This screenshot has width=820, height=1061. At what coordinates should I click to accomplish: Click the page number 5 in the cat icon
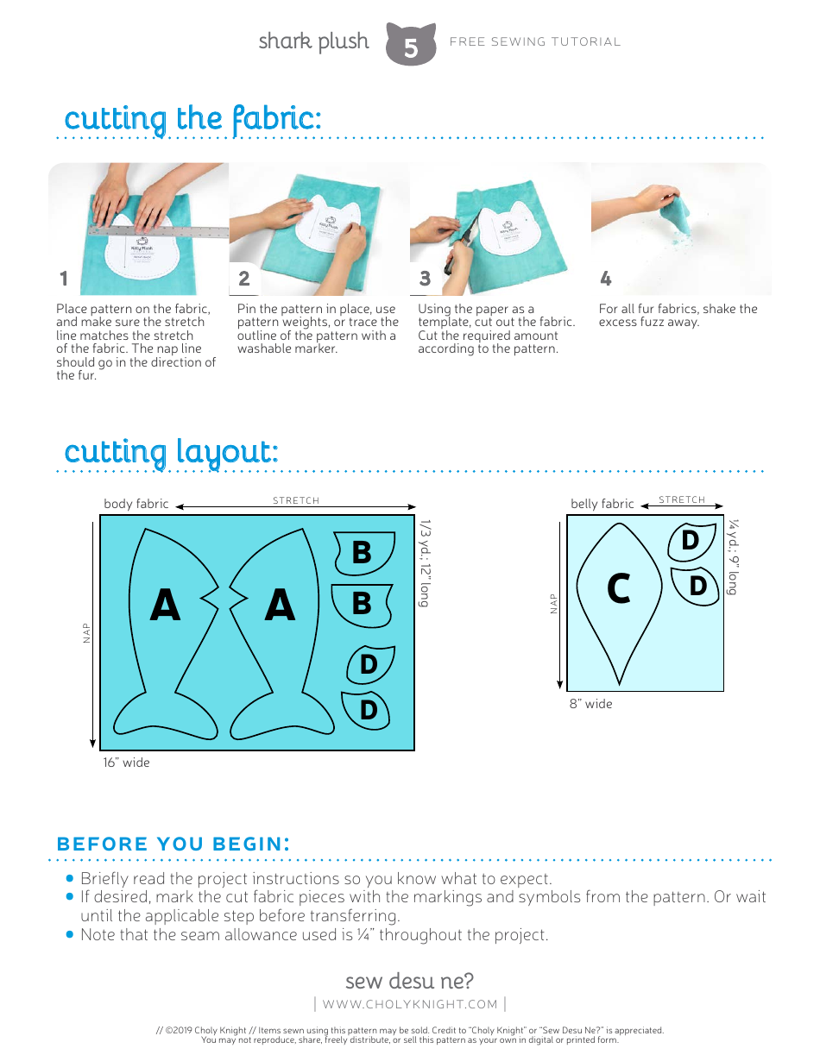tap(411, 48)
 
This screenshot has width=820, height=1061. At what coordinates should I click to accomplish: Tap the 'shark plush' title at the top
tap(313, 41)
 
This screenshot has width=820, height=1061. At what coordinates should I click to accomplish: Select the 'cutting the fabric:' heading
tap(192, 118)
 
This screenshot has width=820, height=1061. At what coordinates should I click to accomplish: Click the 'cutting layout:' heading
tap(171, 451)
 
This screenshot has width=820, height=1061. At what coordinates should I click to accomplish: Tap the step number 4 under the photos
tap(606, 279)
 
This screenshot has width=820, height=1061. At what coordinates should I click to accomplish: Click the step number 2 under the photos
tap(244, 279)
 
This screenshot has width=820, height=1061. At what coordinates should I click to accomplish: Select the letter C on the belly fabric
tap(618, 590)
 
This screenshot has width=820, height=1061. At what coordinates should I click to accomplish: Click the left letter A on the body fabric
tap(165, 606)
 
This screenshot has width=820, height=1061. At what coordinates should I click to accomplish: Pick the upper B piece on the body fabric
tap(362, 552)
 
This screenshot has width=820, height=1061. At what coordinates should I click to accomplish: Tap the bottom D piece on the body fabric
tap(368, 710)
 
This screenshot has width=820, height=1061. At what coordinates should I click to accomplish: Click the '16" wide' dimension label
tap(126, 763)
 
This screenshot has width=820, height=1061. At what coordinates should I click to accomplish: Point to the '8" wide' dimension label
tap(590, 704)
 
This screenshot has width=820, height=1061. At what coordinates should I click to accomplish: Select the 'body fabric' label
tap(136, 504)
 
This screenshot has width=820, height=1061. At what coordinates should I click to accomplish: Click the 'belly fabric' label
tap(602, 504)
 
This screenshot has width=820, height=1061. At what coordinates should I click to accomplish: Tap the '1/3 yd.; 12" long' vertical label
tap(424, 562)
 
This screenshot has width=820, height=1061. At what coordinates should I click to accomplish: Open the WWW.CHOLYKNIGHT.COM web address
tap(410, 1004)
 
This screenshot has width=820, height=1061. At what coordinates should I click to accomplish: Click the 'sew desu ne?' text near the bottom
tap(409, 981)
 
